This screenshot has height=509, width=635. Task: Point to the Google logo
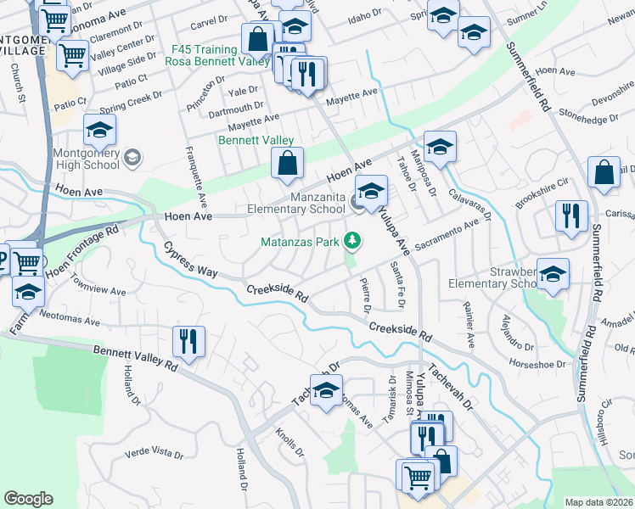pos(28,499)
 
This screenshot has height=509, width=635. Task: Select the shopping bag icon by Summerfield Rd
pos(603,173)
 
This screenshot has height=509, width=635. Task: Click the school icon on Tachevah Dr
pos(324,391)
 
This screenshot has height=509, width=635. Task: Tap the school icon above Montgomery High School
pos(99,131)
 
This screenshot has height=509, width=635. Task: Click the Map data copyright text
pos(598,502)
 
